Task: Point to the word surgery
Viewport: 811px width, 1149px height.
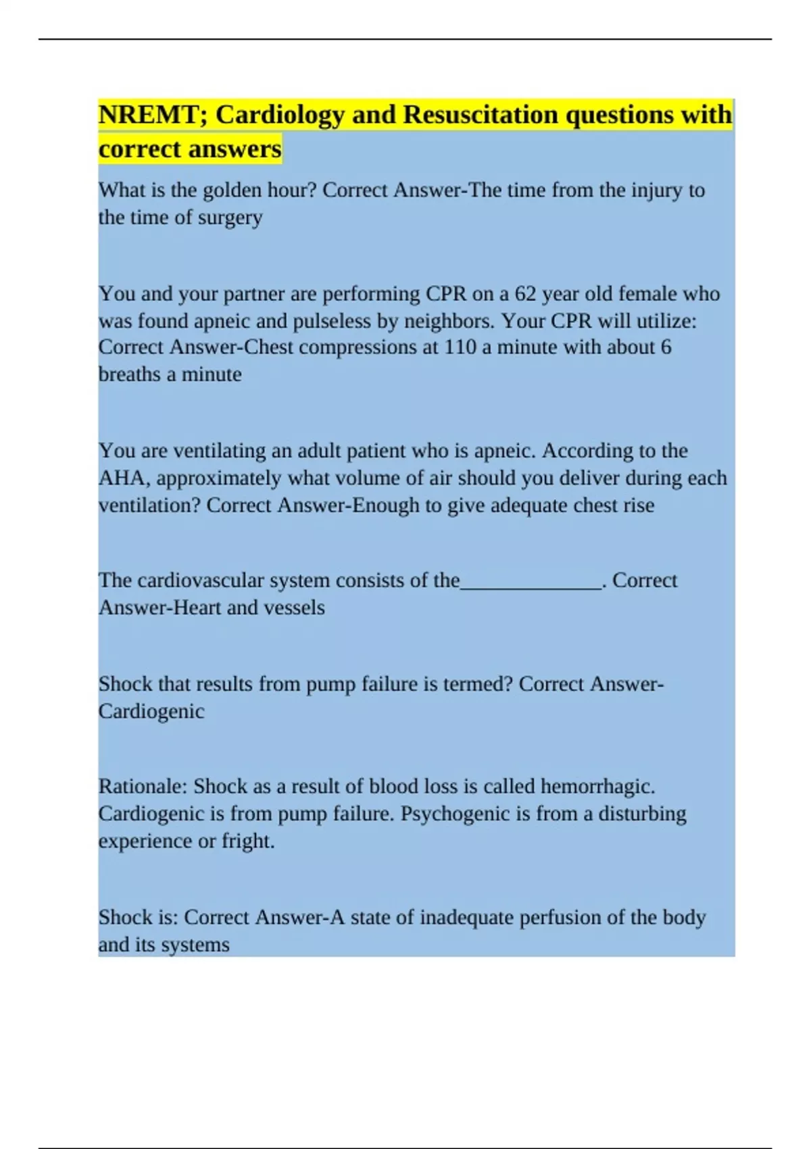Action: (230, 218)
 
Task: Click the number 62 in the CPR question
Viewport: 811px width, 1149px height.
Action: (525, 294)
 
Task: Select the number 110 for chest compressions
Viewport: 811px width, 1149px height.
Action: (460, 347)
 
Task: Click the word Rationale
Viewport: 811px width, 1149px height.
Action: (142, 787)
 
